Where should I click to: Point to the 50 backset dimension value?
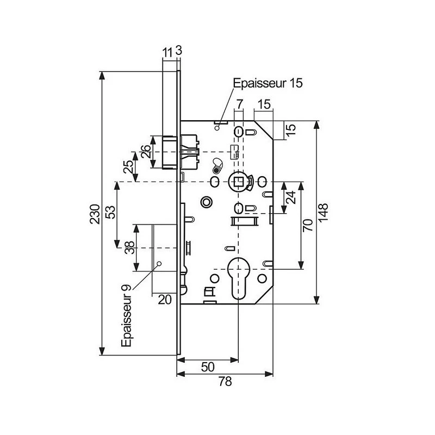coord(208,366)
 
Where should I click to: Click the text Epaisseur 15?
coord(267,84)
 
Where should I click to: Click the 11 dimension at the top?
coord(167,52)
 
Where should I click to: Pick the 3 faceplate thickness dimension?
coord(179,52)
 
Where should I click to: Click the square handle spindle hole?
coord(238,181)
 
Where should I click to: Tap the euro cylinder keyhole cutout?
coord(238,278)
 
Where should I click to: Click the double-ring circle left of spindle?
coord(206,202)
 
